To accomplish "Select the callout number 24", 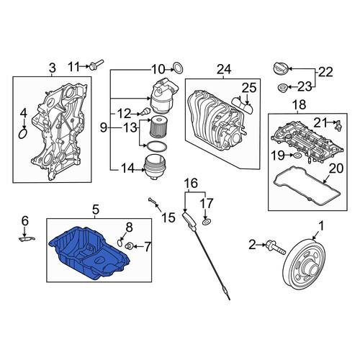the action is (224, 69).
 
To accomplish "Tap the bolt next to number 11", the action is (96, 65).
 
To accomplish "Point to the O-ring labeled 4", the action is (23, 134).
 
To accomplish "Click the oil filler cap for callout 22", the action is (281, 68).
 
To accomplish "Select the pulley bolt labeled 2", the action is (276, 248).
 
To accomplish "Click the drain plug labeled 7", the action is (130, 246).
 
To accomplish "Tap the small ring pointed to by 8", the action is (120, 243).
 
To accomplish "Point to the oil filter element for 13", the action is (157, 127).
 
